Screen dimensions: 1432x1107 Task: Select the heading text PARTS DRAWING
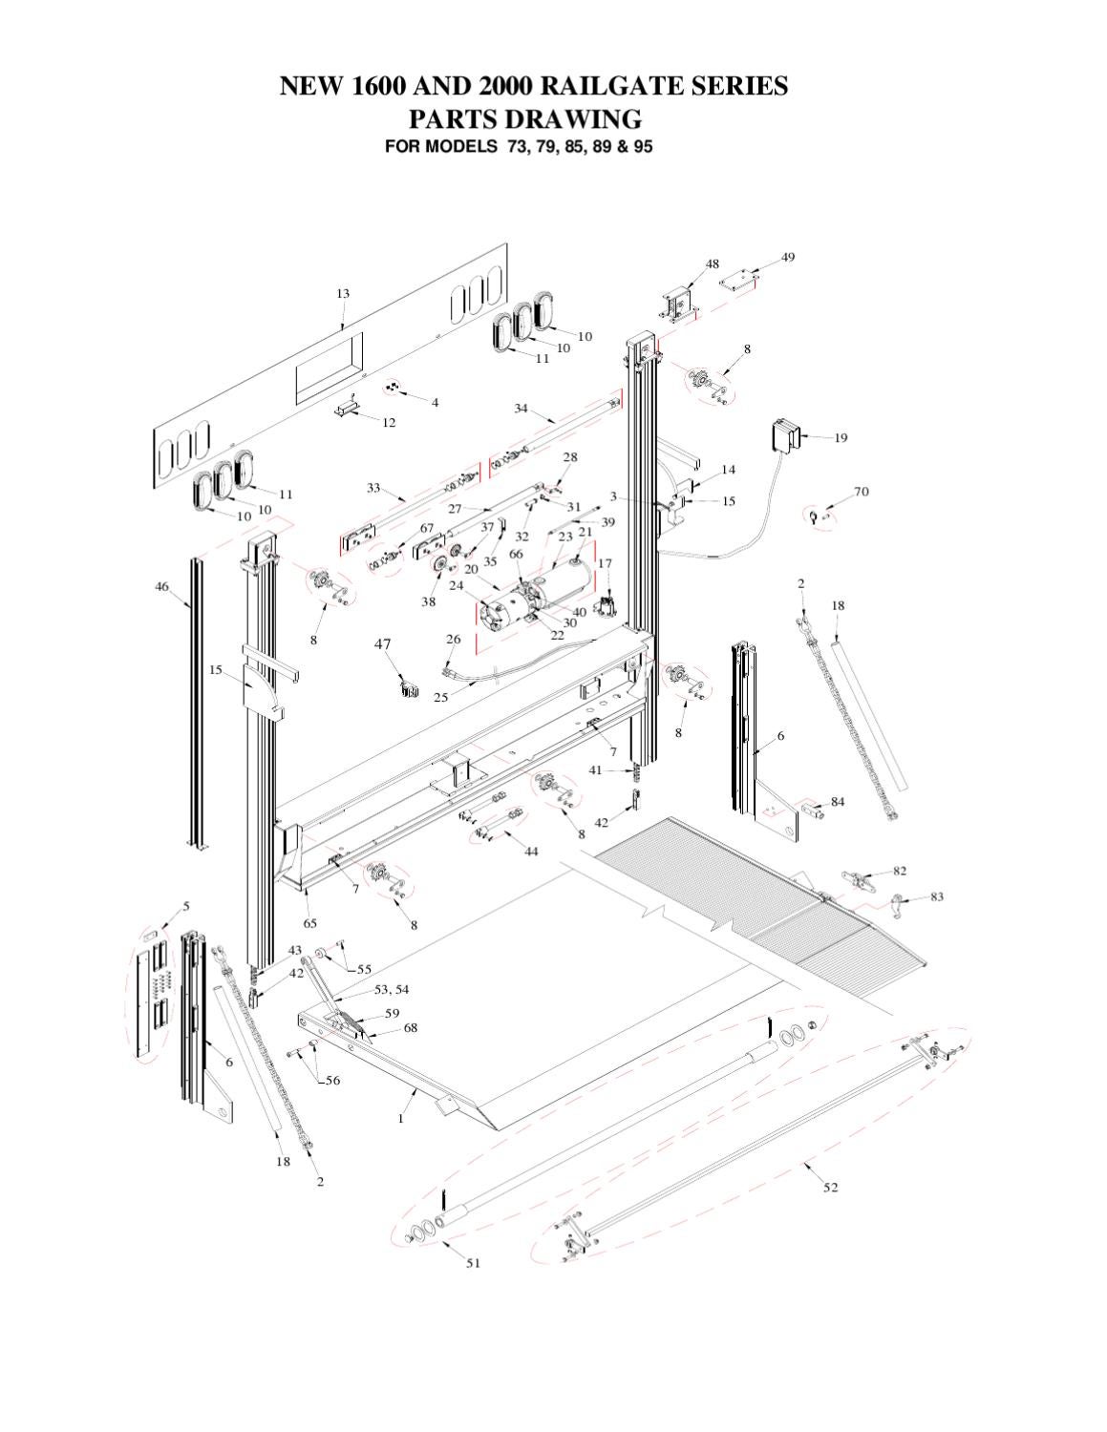(x=524, y=119)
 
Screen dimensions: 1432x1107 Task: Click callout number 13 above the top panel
(x=342, y=294)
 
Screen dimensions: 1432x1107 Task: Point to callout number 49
(x=787, y=257)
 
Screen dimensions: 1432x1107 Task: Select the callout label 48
(x=713, y=264)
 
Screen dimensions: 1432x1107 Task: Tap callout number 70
(x=861, y=493)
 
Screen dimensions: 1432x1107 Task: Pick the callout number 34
(x=521, y=409)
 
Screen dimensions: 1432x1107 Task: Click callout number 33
(x=373, y=488)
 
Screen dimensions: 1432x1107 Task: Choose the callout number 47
(x=382, y=644)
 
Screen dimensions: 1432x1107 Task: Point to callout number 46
(x=162, y=586)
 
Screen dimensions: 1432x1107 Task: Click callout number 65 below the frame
(x=310, y=923)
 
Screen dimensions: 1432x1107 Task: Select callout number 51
(x=473, y=1263)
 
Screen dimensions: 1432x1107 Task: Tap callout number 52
(x=830, y=1187)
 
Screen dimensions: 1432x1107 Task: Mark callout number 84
(x=837, y=802)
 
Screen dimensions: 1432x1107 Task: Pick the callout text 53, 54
(x=391, y=989)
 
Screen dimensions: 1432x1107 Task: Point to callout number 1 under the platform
(x=401, y=1118)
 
